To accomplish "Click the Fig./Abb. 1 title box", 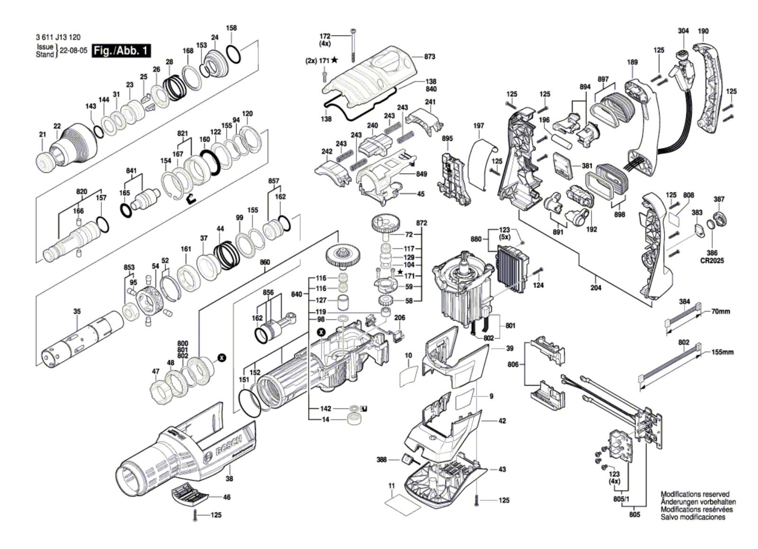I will point(121,51).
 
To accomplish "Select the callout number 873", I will point(430,57).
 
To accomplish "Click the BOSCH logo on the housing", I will point(228,446).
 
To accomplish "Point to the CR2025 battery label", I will point(712,261).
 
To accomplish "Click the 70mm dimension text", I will point(721,312).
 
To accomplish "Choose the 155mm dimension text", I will point(722,352).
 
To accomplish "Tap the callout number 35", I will point(77,312).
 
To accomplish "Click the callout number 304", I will point(683,31).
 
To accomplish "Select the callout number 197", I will point(478,126).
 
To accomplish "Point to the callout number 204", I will point(596,288).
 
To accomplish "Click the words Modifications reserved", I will point(695,494).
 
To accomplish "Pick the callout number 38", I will point(229,479).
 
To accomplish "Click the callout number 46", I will point(227,497).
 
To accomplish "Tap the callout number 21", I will point(43,135).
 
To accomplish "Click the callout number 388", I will point(381,459).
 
